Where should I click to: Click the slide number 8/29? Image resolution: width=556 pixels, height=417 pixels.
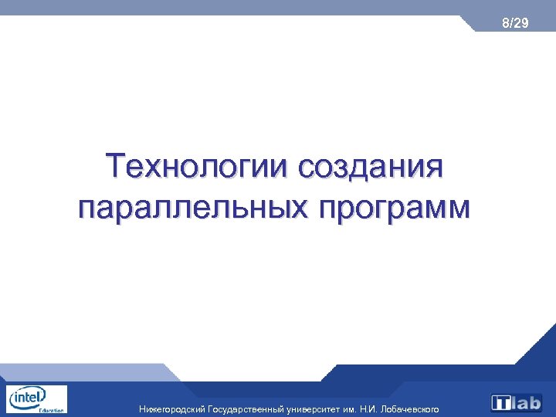(514, 24)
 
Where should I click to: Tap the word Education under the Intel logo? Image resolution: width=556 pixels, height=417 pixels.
(51, 411)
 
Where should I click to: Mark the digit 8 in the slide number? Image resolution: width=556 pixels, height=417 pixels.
(505, 24)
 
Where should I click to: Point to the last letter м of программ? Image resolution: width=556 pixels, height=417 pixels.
(456, 210)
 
